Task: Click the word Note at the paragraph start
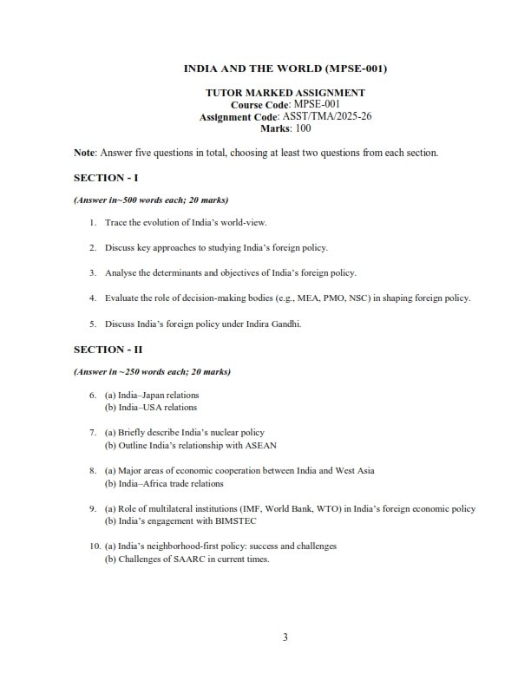pyautogui.click(x=84, y=153)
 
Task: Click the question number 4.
pyautogui.click(x=92, y=298)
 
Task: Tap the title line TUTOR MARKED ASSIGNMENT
pyautogui.click(x=285, y=92)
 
